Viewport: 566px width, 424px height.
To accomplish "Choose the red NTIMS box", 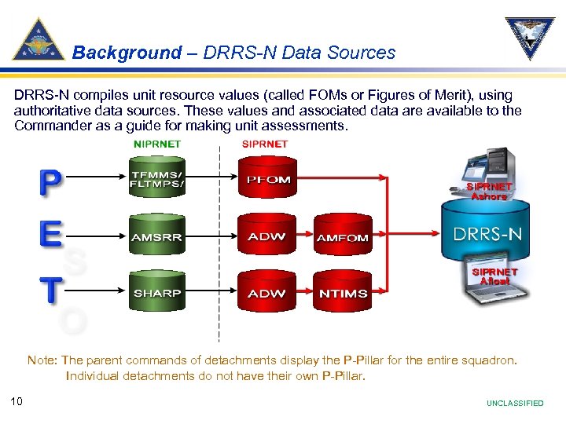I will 341,293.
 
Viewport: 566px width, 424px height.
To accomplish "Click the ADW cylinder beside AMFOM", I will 267,236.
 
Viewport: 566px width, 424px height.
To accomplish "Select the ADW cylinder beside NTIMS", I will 267,292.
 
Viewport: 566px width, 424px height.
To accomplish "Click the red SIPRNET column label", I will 265,144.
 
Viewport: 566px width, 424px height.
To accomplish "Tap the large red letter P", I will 49,182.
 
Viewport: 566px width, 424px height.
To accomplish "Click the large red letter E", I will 49,235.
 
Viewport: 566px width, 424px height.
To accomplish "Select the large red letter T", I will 49,288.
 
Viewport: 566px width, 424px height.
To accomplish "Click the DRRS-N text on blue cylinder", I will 487,234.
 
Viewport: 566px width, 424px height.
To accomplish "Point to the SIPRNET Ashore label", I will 489,192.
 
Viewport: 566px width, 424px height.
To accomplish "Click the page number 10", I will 17,402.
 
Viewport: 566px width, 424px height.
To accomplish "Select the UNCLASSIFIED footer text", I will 515,404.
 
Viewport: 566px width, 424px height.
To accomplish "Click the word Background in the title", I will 127,53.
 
